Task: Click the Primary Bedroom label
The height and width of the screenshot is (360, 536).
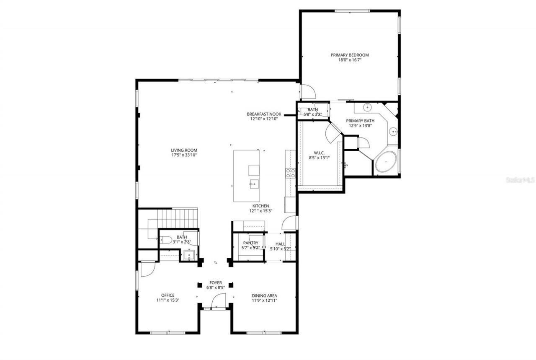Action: click(350, 55)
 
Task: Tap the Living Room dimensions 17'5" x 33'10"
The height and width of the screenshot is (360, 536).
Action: click(184, 155)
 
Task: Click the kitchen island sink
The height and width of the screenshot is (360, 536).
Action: click(253, 183)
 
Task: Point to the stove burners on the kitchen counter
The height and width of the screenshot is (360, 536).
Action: click(290, 173)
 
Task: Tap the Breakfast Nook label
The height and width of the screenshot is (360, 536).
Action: click(264, 114)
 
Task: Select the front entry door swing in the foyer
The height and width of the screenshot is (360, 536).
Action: click(219, 300)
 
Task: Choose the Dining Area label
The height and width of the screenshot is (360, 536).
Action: click(264, 295)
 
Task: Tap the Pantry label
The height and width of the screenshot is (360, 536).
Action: click(251, 243)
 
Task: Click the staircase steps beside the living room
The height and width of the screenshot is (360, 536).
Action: click(178, 218)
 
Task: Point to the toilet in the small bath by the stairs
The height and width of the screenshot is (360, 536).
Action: click(166, 241)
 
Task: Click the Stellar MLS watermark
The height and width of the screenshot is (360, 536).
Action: click(520, 180)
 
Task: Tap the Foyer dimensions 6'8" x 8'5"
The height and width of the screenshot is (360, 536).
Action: click(216, 288)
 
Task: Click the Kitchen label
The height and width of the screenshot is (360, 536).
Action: click(260, 206)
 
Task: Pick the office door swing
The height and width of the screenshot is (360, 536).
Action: click(147, 269)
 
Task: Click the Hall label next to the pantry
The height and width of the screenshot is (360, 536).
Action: click(281, 243)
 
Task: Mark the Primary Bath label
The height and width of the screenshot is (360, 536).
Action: click(360, 121)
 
